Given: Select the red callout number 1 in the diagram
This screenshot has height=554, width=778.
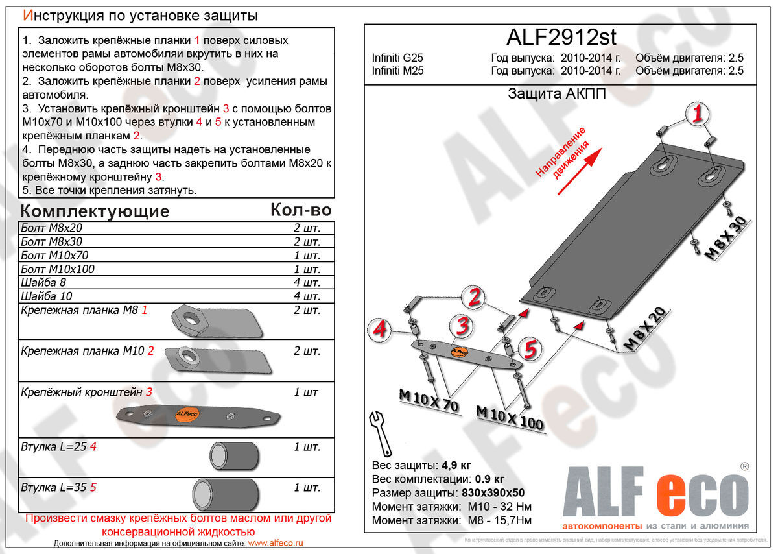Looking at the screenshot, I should (697, 115).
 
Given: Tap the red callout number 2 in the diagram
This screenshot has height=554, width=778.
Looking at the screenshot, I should (475, 298).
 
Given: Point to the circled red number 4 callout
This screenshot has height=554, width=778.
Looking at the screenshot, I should (381, 329).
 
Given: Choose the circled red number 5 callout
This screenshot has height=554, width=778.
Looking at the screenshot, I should (530, 350).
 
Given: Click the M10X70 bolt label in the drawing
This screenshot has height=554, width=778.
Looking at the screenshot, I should (428, 400).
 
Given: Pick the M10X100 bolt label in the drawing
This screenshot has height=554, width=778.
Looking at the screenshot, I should (510, 418).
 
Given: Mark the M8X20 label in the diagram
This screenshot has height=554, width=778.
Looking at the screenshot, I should (645, 328).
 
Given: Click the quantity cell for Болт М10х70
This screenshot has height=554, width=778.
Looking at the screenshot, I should (307, 256).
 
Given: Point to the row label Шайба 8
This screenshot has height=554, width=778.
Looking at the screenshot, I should (43, 283).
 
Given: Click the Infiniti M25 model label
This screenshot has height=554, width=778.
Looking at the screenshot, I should (397, 71).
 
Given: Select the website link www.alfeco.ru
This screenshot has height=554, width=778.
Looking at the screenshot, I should (276, 543).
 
